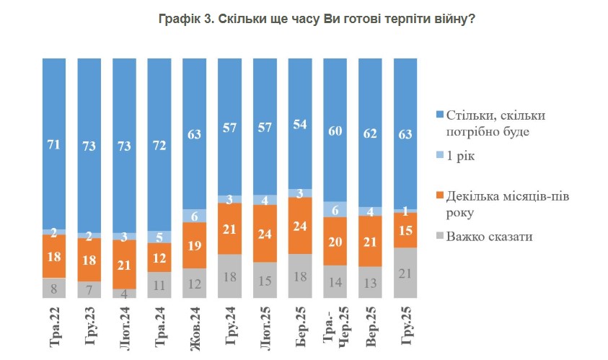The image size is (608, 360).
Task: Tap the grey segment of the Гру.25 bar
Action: click(x=405, y=272)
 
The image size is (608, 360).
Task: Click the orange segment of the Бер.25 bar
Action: click(x=300, y=225)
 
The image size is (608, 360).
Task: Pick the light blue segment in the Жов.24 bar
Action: click(x=195, y=215)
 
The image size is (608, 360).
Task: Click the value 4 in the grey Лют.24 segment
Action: click(x=125, y=293)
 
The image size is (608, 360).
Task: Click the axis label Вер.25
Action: click(x=371, y=325)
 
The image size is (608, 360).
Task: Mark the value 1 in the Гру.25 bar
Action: click(x=405, y=211)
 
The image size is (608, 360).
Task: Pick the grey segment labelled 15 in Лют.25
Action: click(x=265, y=280)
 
